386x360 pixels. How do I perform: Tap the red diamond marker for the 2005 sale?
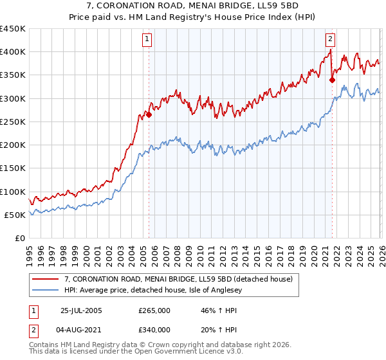(149, 115)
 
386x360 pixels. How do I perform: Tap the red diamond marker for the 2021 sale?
(332, 80)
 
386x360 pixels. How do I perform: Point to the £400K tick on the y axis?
(13, 52)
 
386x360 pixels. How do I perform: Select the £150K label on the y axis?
(13, 168)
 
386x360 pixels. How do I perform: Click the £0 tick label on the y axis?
(19, 238)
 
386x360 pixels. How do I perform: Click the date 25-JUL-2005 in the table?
(82, 310)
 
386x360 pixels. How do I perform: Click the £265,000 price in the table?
(154, 310)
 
